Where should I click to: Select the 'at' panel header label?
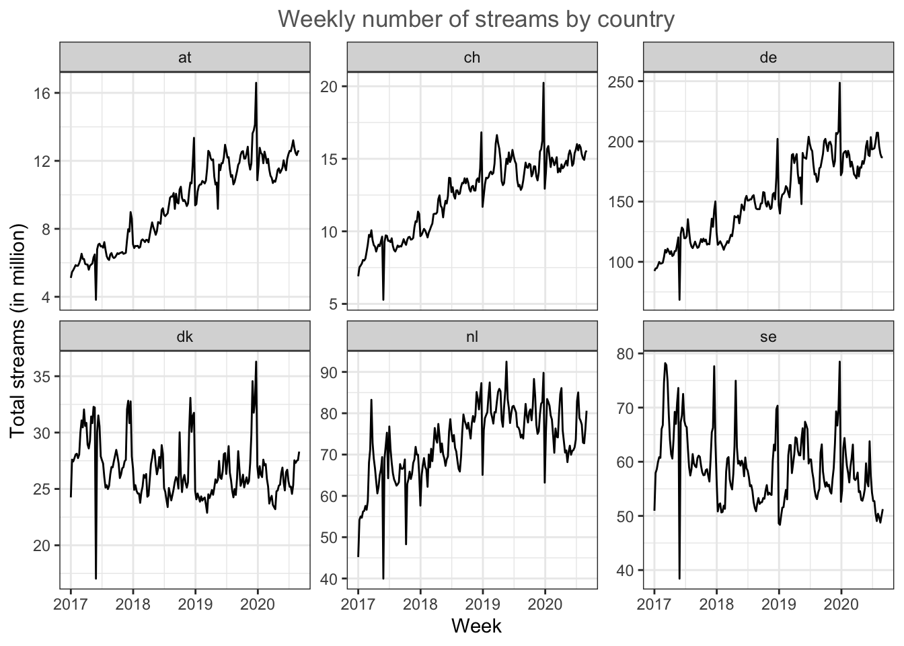pos(185,57)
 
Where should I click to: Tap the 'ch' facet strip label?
pos(472,57)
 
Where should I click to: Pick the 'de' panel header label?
pos(768,57)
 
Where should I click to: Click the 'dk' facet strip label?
pos(185,336)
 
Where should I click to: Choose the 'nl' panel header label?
pos(472,336)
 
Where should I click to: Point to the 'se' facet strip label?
pos(768,336)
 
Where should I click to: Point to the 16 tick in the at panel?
pos(43,93)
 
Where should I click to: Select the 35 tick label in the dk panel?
pos(43,376)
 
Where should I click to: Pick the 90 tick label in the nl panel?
pos(330,372)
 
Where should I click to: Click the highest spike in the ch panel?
pos(543,83)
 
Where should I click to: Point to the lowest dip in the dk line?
pos(96,578)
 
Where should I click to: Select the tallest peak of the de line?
pos(839,83)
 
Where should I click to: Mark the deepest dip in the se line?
pos(679,578)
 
